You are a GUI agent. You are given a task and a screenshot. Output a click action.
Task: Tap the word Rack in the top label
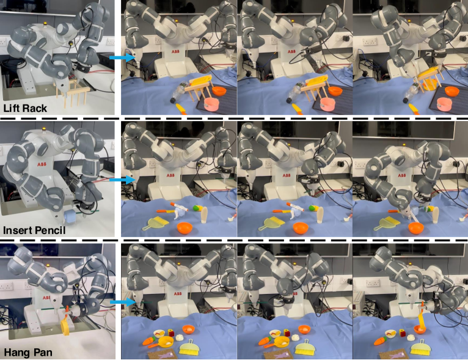[x=37, y=108]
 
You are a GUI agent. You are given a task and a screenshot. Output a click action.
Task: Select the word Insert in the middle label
[x=17, y=230]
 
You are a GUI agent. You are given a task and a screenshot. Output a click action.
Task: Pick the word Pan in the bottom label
[x=42, y=352]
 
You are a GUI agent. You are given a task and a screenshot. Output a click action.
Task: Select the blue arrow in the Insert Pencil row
[x=122, y=180]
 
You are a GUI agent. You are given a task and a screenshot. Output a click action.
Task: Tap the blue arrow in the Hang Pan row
[x=122, y=302]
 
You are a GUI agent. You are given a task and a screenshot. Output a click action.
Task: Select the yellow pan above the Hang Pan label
[x=65, y=324]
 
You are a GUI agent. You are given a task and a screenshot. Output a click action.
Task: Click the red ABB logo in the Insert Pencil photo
[x=42, y=164]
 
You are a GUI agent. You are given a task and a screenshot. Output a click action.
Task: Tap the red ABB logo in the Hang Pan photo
[x=46, y=298]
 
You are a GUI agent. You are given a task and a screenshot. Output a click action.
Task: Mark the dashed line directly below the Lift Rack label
[x=57, y=119]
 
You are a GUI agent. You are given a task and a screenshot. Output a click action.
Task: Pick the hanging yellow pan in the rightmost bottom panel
[x=422, y=317]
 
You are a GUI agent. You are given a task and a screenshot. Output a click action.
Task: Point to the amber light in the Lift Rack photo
[x=45, y=23]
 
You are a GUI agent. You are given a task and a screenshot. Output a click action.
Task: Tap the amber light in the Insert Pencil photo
[x=45, y=129]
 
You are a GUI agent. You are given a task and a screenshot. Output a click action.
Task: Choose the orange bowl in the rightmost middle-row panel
[x=416, y=229]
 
